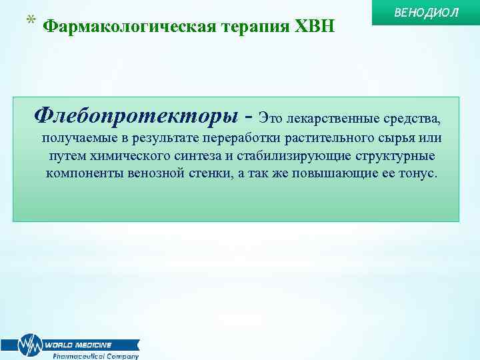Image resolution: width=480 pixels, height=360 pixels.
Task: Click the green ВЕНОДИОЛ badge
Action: (x=426, y=14)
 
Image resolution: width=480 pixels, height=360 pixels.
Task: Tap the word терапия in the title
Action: (x=244, y=27)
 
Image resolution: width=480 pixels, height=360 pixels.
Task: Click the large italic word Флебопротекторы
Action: (x=136, y=116)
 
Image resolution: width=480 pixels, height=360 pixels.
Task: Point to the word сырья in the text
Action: (x=390, y=138)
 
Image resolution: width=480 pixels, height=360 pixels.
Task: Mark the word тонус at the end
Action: (x=417, y=173)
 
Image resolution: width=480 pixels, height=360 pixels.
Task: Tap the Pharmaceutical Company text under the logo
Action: (x=96, y=355)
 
